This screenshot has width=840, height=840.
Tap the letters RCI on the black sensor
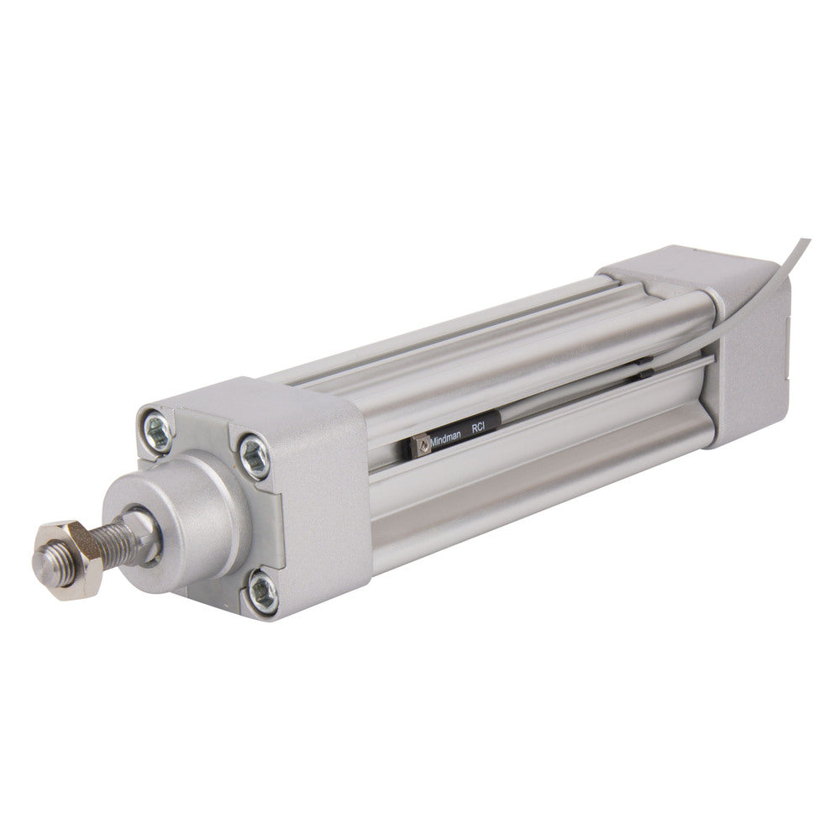(479, 428)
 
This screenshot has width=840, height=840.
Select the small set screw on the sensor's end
(417, 445)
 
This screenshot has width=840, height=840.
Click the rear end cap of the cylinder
(748, 353)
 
